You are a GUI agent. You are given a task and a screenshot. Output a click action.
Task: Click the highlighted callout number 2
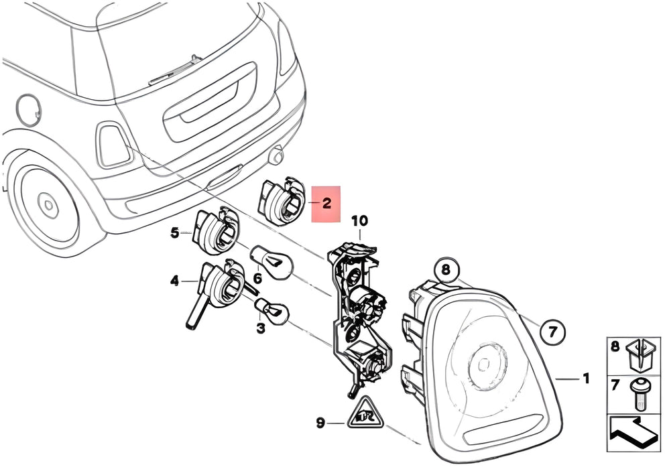pyautogui.click(x=326, y=203)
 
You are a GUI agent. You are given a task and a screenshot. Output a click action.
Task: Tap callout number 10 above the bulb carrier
pyautogui.click(x=359, y=221)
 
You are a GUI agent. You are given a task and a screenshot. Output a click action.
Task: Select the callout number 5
pyautogui.click(x=175, y=232)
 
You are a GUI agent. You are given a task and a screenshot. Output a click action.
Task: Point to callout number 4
pyautogui.click(x=175, y=281)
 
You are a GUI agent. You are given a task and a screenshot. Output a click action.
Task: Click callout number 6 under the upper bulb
pyautogui.click(x=258, y=279)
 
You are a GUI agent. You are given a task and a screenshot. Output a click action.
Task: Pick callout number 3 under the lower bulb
pyautogui.click(x=260, y=328)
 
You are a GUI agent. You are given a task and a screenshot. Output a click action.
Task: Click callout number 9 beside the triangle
pyautogui.click(x=321, y=423)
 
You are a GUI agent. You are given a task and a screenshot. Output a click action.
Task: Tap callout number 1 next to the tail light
pyautogui.click(x=586, y=378)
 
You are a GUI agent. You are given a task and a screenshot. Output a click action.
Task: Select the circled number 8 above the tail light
pyautogui.click(x=446, y=269)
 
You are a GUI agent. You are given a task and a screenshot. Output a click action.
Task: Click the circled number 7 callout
pyautogui.click(x=553, y=331)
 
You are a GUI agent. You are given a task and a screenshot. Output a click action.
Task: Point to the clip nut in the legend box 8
pyautogui.click(x=639, y=354)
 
